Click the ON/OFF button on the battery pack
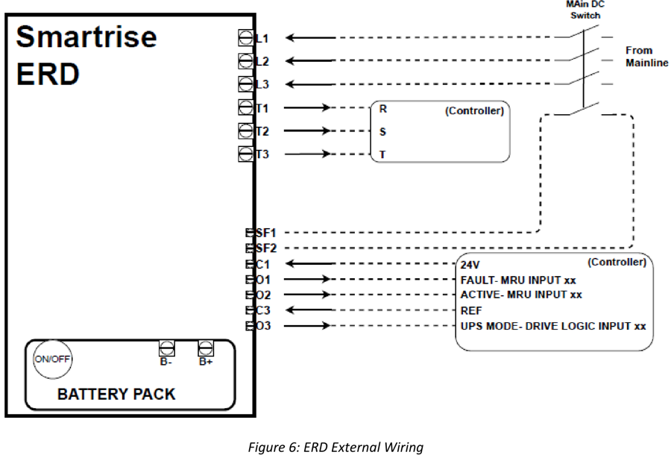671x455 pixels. tap(53, 359)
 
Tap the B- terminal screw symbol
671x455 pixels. tap(166, 348)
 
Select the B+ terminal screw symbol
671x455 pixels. tap(206, 348)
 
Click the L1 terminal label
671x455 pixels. tap(262, 39)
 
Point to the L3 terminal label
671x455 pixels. tap(262, 84)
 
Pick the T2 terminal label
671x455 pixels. tap(262, 131)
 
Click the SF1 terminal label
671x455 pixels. tap(265, 233)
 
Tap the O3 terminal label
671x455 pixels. tap(263, 326)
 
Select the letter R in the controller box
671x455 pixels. tap(383, 109)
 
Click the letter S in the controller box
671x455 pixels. tap(382, 132)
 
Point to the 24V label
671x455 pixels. tap(470, 265)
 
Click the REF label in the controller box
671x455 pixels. tap(471, 311)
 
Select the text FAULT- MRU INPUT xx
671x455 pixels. tap(518, 280)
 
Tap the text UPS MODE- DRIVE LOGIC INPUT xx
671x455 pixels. tap(553, 326)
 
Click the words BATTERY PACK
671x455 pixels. tap(116, 395)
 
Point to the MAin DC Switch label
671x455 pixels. tap(585, 10)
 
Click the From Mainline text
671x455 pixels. tap(646, 57)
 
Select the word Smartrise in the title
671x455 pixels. tap(86, 37)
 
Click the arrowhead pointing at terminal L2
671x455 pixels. tap(290, 60)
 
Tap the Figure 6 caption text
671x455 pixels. tap(335, 448)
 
